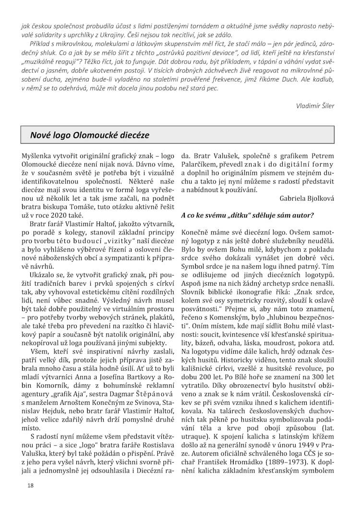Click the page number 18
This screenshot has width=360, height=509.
pyautogui.click(x=30, y=485)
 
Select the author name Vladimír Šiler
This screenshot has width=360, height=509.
pyautogui.click(x=315, y=106)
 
